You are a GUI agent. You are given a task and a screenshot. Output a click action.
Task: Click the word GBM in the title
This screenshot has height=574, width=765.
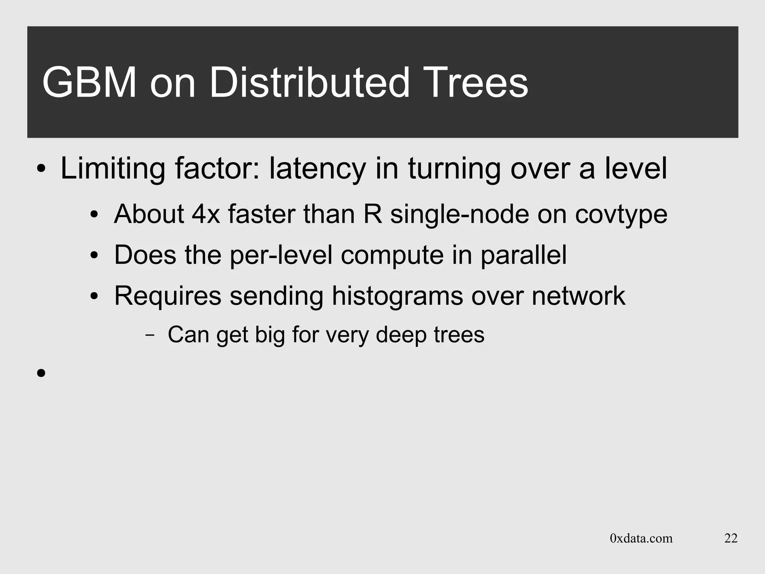[x=89, y=83]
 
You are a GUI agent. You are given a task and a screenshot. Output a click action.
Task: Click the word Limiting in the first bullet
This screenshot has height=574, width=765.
[x=112, y=169]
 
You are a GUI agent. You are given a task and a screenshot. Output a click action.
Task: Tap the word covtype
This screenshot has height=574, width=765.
[x=621, y=214]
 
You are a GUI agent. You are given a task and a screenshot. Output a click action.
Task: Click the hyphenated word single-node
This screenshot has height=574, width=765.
[x=459, y=214]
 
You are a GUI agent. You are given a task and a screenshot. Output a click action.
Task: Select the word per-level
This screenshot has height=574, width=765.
[x=281, y=255]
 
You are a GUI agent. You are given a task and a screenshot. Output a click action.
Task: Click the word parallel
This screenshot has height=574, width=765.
[x=523, y=255]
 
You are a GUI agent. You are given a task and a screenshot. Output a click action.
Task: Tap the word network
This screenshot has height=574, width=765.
[x=578, y=296]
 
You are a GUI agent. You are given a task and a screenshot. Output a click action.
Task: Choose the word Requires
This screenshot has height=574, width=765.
[x=168, y=296]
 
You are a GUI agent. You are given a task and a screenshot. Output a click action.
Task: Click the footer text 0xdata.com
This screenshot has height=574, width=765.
[x=641, y=538]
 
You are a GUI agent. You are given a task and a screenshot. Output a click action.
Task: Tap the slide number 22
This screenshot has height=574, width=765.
[x=731, y=538]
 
